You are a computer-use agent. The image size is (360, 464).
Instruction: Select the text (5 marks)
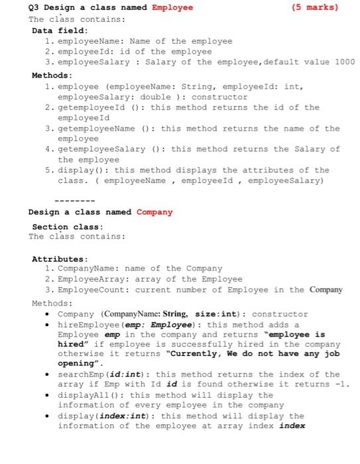point(314,8)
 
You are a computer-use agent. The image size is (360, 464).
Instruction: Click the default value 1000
point(344,62)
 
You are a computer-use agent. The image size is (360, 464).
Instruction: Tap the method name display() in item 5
point(78,170)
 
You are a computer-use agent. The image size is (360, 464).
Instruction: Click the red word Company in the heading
point(154,212)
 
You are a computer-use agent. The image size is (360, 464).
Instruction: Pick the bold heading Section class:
point(64,226)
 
